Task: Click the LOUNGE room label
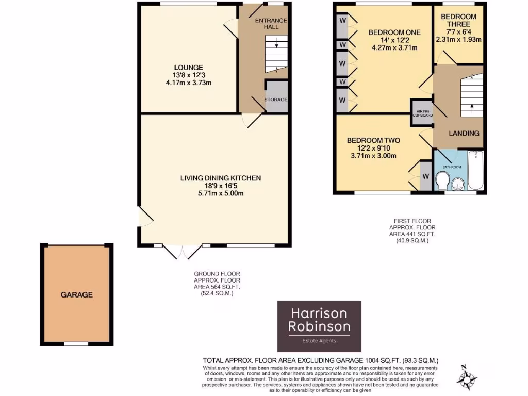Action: [188, 68]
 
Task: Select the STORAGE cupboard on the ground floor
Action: [276, 99]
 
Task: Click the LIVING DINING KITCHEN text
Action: [221, 178]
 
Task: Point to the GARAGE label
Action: [77, 295]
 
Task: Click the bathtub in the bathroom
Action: [475, 171]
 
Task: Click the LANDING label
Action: [464, 133]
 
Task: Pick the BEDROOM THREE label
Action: [458, 20]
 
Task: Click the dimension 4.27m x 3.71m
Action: [394, 48]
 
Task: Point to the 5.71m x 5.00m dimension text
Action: [221, 194]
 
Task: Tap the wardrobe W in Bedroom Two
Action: [426, 176]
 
